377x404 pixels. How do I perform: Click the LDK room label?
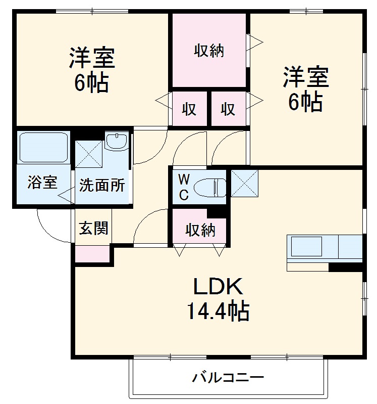pos(219,288)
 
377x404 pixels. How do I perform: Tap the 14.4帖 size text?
pos(219,311)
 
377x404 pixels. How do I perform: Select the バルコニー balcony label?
pos(229,377)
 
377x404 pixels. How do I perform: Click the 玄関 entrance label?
pos(93,228)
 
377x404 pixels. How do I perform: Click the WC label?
pos(183,187)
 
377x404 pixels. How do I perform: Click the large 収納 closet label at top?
pos(208,51)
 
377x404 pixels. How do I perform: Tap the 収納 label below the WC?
pos(200,230)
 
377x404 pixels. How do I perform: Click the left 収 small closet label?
pos(189,109)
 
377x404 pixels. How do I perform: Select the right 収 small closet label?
pos(228,109)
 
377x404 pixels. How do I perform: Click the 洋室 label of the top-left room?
pos(92,58)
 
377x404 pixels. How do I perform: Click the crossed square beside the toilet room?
pos(245,183)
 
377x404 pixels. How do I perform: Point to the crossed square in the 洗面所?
pos(89,153)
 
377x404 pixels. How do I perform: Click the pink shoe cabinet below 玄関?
pos(92,254)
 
